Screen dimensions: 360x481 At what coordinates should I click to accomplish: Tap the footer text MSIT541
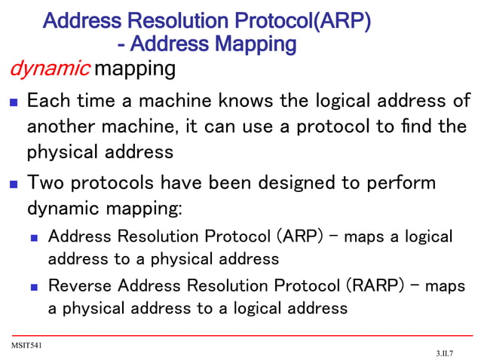[x=26, y=344]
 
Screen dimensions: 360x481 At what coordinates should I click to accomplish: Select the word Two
[x=47, y=182]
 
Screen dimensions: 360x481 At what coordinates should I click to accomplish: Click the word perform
[x=401, y=183]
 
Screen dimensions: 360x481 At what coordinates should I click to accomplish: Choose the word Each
[x=51, y=100]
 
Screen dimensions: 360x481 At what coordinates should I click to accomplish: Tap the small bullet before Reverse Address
[x=34, y=287]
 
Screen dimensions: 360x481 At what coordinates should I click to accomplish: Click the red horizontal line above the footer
[x=241, y=334]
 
